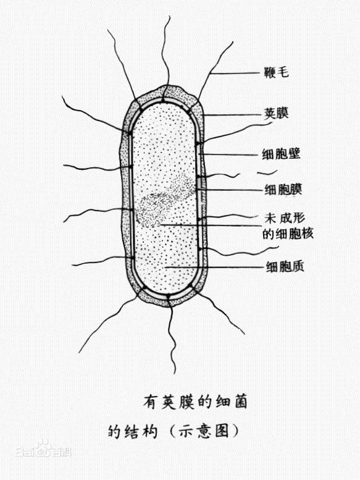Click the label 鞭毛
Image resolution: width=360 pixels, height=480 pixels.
[x=276, y=72]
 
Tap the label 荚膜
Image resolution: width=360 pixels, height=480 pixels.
[x=276, y=113]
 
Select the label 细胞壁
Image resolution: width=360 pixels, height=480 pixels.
[x=282, y=153]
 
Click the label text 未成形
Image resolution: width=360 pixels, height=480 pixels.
[x=284, y=218]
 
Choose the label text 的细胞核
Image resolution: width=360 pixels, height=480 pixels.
[x=288, y=234]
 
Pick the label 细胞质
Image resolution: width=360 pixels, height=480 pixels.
[x=285, y=266]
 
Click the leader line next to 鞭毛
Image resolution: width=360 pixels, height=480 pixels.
[x=235, y=74]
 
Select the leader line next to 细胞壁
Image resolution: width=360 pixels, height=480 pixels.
[x=228, y=154]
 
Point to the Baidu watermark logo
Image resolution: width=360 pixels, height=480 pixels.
[x=43, y=450]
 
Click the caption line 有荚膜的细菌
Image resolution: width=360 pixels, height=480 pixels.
[x=195, y=402]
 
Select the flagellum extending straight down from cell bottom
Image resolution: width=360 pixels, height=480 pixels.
[x=172, y=337]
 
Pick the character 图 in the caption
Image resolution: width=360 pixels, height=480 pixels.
[x=222, y=431]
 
